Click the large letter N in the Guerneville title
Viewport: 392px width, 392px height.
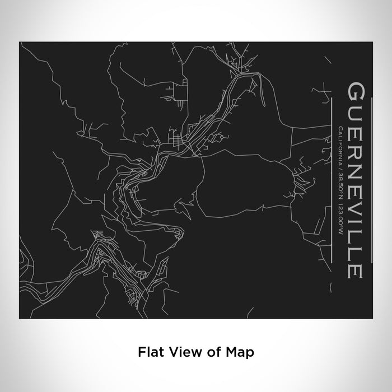(x=356, y=164)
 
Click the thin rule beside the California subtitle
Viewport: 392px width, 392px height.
(x=333, y=179)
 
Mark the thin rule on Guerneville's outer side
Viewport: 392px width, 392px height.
(x=370, y=179)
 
